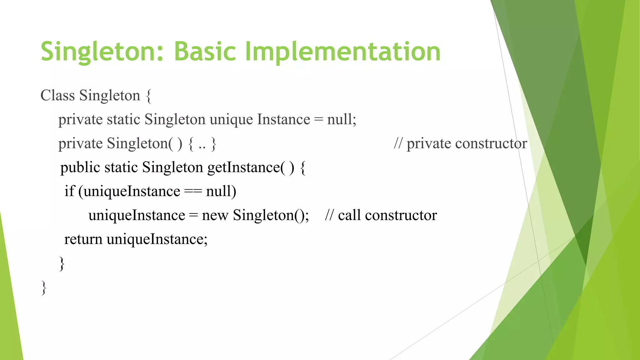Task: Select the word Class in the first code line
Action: point(57,95)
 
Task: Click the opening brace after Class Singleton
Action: point(149,96)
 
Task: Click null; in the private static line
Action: point(342,119)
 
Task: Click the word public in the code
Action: point(80,168)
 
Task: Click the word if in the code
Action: point(69,191)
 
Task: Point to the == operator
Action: point(193,192)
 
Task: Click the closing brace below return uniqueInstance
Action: point(62,263)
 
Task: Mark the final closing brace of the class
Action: point(44,287)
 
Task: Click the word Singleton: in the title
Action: point(102,52)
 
